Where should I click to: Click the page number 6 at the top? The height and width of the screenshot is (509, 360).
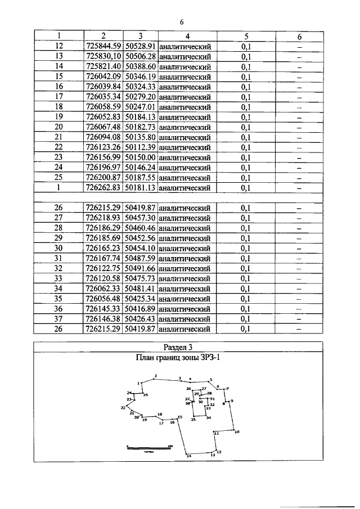pyautogui.click(x=182, y=22)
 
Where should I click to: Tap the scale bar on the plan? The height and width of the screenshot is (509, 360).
pyautogui.click(x=149, y=447)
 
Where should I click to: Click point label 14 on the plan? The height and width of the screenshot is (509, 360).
pyautogui.click(x=189, y=457)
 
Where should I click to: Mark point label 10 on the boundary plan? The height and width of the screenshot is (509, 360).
pyautogui.click(x=237, y=432)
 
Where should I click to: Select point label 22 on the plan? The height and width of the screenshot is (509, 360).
pyautogui.click(x=123, y=408)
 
